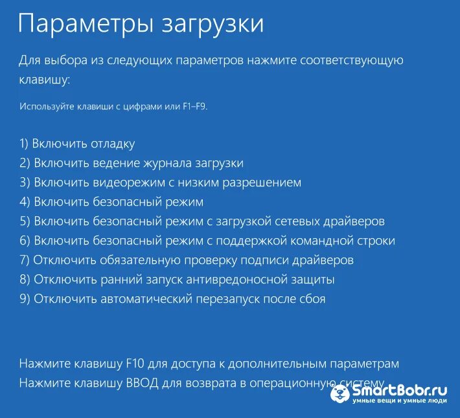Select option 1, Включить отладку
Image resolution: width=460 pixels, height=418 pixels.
[x=77, y=144]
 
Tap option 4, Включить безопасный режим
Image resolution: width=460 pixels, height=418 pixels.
[x=111, y=202]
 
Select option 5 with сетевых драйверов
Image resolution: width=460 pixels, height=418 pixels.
[x=202, y=221]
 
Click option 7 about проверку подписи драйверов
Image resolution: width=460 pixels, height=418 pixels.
[x=187, y=260]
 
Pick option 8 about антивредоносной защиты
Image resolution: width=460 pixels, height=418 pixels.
[x=177, y=280]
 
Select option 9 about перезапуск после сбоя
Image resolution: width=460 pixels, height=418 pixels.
[x=172, y=299]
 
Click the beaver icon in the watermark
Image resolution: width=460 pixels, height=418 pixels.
[x=340, y=393]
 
